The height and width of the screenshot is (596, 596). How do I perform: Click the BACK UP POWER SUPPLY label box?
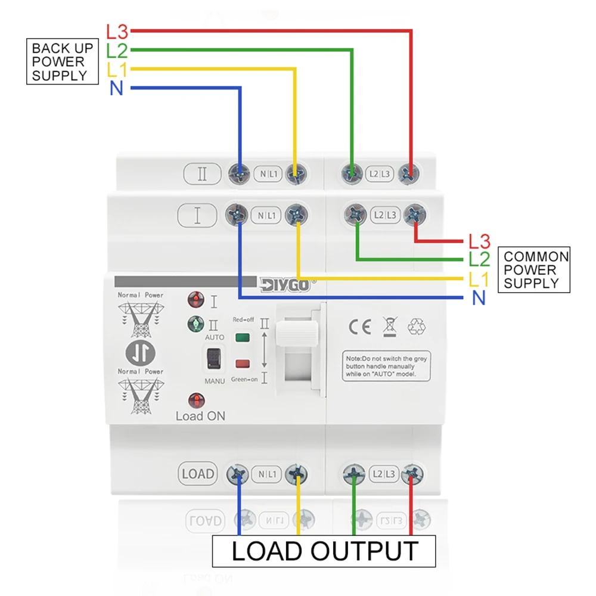(63, 61)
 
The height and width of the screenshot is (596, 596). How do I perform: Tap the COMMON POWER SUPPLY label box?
(534, 270)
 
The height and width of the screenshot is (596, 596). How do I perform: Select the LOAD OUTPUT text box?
(324, 551)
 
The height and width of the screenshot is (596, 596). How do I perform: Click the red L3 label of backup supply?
(117, 30)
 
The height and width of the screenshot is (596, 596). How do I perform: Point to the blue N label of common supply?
(479, 298)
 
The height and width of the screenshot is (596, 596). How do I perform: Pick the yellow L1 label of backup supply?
(117, 70)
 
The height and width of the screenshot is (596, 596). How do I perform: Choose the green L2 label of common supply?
(479, 259)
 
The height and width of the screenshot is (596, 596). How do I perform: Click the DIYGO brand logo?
(285, 285)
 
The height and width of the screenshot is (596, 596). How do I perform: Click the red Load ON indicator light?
(195, 400)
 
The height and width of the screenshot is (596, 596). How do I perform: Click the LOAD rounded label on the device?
(198, 474)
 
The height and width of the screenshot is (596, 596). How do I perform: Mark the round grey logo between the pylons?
(141, 353)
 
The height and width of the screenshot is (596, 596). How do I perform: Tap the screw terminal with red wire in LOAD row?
(411, 474)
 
